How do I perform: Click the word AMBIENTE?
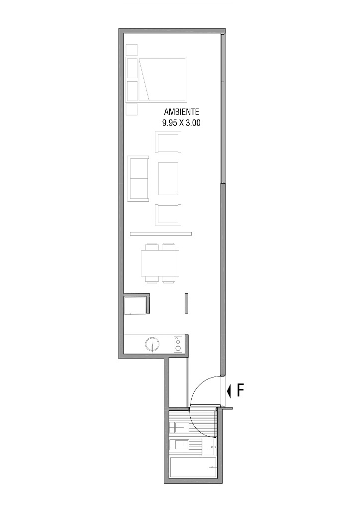(181, 112)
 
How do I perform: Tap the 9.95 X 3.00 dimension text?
(181, 123)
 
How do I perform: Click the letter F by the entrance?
(240, 390)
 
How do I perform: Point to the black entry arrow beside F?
(229, 391)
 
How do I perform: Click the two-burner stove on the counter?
(178, 344)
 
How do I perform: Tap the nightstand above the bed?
(132, 50)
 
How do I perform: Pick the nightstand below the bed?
(132, 109)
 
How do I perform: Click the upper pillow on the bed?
(132, 68)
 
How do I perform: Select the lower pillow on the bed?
(132, 91)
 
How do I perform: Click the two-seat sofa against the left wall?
(138, 179)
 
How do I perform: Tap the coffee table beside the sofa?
(168, 179)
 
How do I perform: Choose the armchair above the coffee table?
(168, 142)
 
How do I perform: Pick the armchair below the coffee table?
(168, 215)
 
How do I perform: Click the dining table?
(160, 263)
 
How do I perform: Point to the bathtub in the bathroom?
(193, 468)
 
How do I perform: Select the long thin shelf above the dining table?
(161, 234)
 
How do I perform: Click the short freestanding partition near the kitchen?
(186, 303)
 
